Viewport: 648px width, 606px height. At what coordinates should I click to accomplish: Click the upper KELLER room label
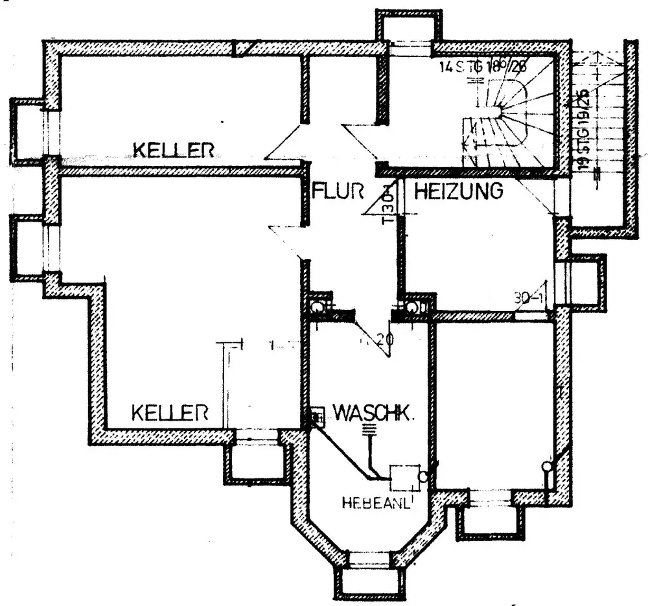[x=173, y=150]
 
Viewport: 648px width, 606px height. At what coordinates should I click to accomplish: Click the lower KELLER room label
[x=170, y=412]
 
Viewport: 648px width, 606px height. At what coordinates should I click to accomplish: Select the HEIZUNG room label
[x=459, y=191]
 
